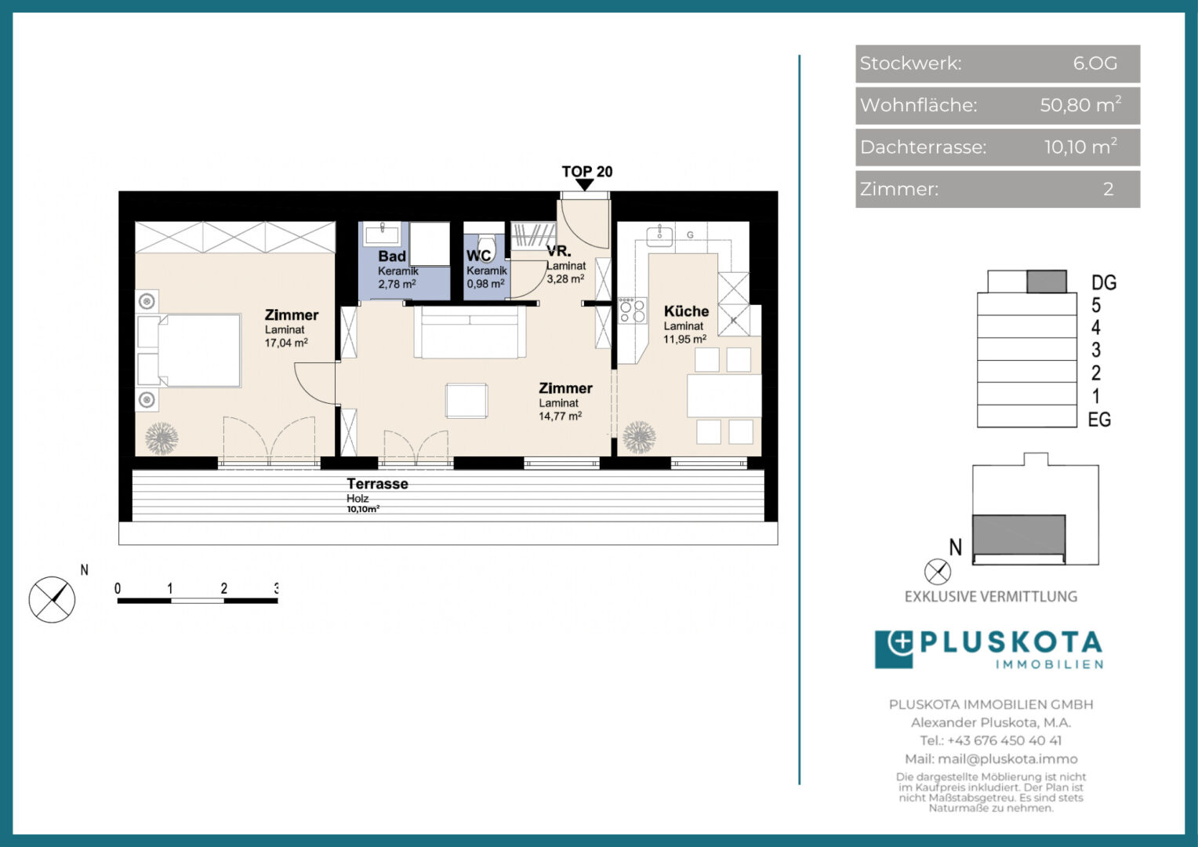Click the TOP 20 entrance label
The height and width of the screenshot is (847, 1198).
tap(586, 172)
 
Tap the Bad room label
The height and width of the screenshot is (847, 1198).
tap(392, 256)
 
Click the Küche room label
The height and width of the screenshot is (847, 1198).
tap(686, 311)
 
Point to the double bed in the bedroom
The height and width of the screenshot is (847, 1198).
tap(189, 351)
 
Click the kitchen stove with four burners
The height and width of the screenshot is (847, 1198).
tap(632, 311)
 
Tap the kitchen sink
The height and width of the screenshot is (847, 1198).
tap(659, 235)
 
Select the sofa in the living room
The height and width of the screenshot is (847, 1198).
tap(470, 332)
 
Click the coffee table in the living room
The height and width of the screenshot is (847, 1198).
tap(466, 400)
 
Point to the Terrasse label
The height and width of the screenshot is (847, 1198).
tap(377, 484)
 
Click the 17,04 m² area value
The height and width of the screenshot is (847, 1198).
tap(286, 343)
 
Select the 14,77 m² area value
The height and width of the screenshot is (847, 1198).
tap(560, 416)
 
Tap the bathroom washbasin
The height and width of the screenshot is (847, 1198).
tap(382, 234)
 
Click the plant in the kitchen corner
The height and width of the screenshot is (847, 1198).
tap(638, 438)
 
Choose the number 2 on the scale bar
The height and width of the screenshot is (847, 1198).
tap(223, 588)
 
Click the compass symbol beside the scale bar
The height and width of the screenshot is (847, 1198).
tap(52, 599)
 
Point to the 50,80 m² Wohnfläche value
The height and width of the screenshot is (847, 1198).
tap(1080, 104)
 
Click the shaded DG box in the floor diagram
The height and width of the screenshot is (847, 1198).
tap(1047, 282)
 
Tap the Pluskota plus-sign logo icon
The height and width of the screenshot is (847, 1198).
tap(894, 649)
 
